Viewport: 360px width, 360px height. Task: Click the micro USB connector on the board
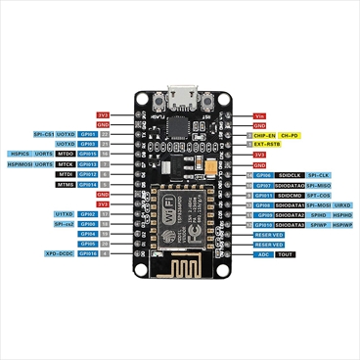click(x=180, y=99)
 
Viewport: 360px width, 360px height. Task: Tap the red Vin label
click(x=260, y=115)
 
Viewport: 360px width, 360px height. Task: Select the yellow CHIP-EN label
click(x=265, y=134)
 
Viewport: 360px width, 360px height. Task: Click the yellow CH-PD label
click(x=290, y=134)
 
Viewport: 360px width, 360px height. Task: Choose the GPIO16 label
click(x=88, y=253)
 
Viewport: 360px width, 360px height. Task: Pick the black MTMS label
click(x=67, y=183)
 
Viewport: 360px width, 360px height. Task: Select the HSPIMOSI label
click(x=22, y=163)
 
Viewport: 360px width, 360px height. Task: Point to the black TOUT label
click(x=286, y=253)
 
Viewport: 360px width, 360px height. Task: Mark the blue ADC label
click(x=262, y=253)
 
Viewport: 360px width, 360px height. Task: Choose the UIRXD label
click(x=342, y=204)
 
